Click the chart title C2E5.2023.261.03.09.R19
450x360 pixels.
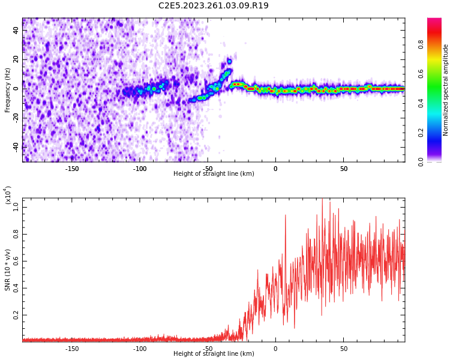[x=214, y=6]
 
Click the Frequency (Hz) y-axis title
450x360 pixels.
[x=8, y=90]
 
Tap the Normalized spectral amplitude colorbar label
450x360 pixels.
[x=446, y=90]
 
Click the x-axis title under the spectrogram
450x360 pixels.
[x=214, y=174]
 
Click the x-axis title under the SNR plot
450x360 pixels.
[x=214, y=354]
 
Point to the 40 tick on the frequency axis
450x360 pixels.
[x=16, y=30]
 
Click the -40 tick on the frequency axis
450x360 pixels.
[x=14, y=146]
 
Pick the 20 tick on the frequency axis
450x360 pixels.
[x=16, y=59]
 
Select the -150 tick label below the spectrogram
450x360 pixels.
[x=72, y=169]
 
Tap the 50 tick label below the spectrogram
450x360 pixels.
[x=344, y=169]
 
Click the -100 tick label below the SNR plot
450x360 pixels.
[x=140, y=349]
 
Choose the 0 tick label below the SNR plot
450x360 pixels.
[x=275, y=349]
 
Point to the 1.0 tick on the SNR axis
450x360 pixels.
[x=14, y=206]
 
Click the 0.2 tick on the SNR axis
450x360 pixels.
[x=14, y=314]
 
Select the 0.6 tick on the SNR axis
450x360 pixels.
[x=14, y=260]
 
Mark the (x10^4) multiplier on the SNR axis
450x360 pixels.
[x=8, y=196]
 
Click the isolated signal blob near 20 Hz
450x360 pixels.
[x=229, y=61]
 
